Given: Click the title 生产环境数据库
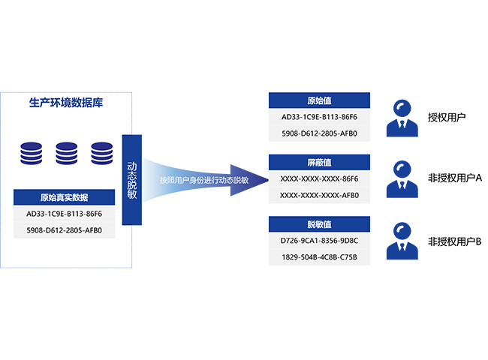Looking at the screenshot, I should [65, 103].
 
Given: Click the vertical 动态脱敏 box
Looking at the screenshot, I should [132, 179].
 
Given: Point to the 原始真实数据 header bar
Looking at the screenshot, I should [64, 198].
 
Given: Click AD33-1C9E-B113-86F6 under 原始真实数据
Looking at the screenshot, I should [64, 214].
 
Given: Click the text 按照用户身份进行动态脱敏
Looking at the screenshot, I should [203, 180].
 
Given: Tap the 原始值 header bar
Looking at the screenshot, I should [319, 100].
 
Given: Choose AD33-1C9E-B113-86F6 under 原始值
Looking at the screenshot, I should [319, 117].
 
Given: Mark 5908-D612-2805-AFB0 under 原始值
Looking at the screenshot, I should [319, 134].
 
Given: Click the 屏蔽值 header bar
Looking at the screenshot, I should [319, 162].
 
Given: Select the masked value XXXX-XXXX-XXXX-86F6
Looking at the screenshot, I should [319, 178].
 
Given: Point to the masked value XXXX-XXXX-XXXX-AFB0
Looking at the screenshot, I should [319, 195].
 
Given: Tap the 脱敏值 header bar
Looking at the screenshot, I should [319, 224].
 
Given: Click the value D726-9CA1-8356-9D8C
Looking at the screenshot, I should [319, 241].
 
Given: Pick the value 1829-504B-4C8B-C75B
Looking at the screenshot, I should [319, 257].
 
